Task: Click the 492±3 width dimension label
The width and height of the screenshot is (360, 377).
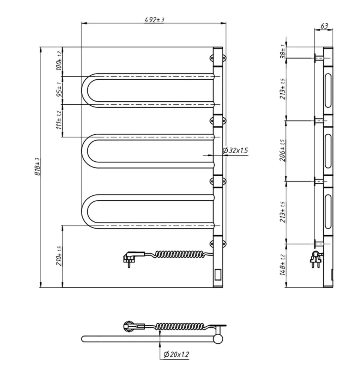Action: click(x=154, y=20)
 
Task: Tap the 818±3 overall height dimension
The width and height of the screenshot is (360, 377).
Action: click(x=37, y=167)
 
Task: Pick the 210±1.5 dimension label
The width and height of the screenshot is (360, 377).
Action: click(x=59, y=256)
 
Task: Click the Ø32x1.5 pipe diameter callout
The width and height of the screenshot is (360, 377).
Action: click(x=235, y=150)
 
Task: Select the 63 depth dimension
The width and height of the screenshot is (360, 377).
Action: click(x=324, y=26)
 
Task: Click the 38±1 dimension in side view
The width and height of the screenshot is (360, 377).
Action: click(x=283, y=51)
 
